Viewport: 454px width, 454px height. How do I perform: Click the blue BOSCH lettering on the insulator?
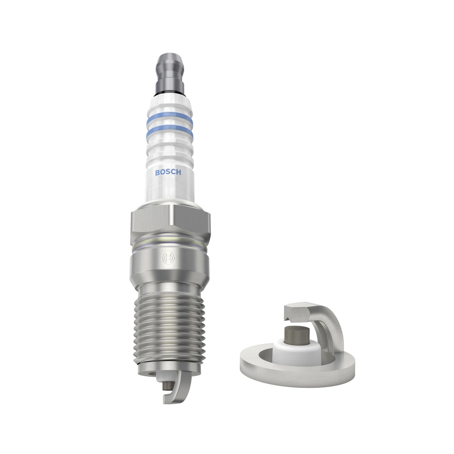coord(168,172)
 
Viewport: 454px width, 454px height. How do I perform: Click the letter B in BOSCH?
coord(157,172)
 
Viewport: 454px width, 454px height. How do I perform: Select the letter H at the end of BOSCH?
coord(179,173)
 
